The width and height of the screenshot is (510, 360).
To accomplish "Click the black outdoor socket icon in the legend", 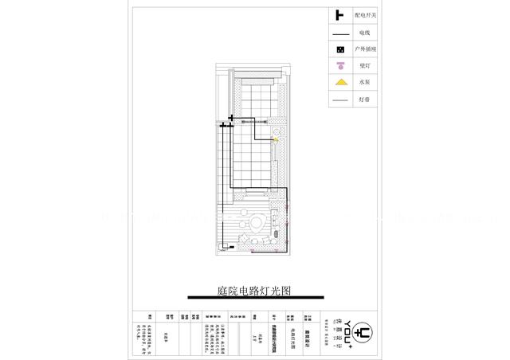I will [339, 49].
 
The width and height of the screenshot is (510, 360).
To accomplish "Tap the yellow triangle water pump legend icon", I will [339, 83].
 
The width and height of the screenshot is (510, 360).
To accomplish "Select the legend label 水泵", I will [364, 83].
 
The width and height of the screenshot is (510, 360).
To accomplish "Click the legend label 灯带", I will [364, 100].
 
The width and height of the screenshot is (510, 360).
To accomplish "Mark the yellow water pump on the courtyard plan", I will [276, 139].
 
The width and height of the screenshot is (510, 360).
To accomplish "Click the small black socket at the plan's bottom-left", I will [232, 248].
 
